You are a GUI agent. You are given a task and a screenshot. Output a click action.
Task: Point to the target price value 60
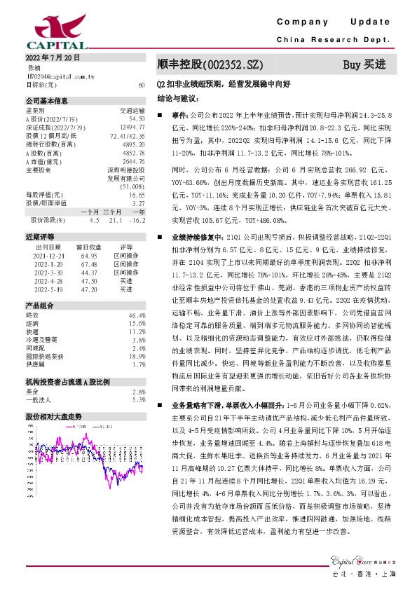(142, 84)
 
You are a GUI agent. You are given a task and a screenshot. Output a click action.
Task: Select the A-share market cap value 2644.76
(132, 162)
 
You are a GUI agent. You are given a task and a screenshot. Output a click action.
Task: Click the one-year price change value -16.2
(137, 220)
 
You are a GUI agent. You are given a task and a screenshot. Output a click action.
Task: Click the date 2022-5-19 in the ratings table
(48, 289)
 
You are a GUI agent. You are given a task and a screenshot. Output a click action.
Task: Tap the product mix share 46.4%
(137, 317)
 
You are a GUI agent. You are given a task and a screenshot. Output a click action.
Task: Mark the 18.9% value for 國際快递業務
(137, 356)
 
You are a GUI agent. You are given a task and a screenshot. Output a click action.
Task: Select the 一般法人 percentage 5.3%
(138, 399)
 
